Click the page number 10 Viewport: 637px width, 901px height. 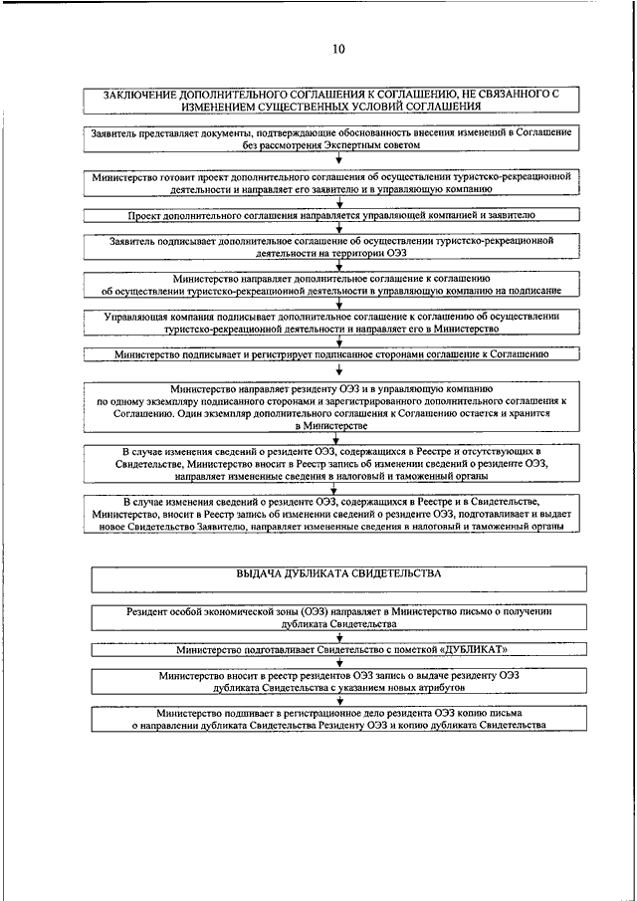(338, 48)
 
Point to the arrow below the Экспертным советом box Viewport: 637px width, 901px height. (339, 157)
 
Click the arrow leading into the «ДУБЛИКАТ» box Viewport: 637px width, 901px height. (339, 636)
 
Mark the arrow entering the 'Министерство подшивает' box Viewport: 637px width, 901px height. (339, 700)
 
